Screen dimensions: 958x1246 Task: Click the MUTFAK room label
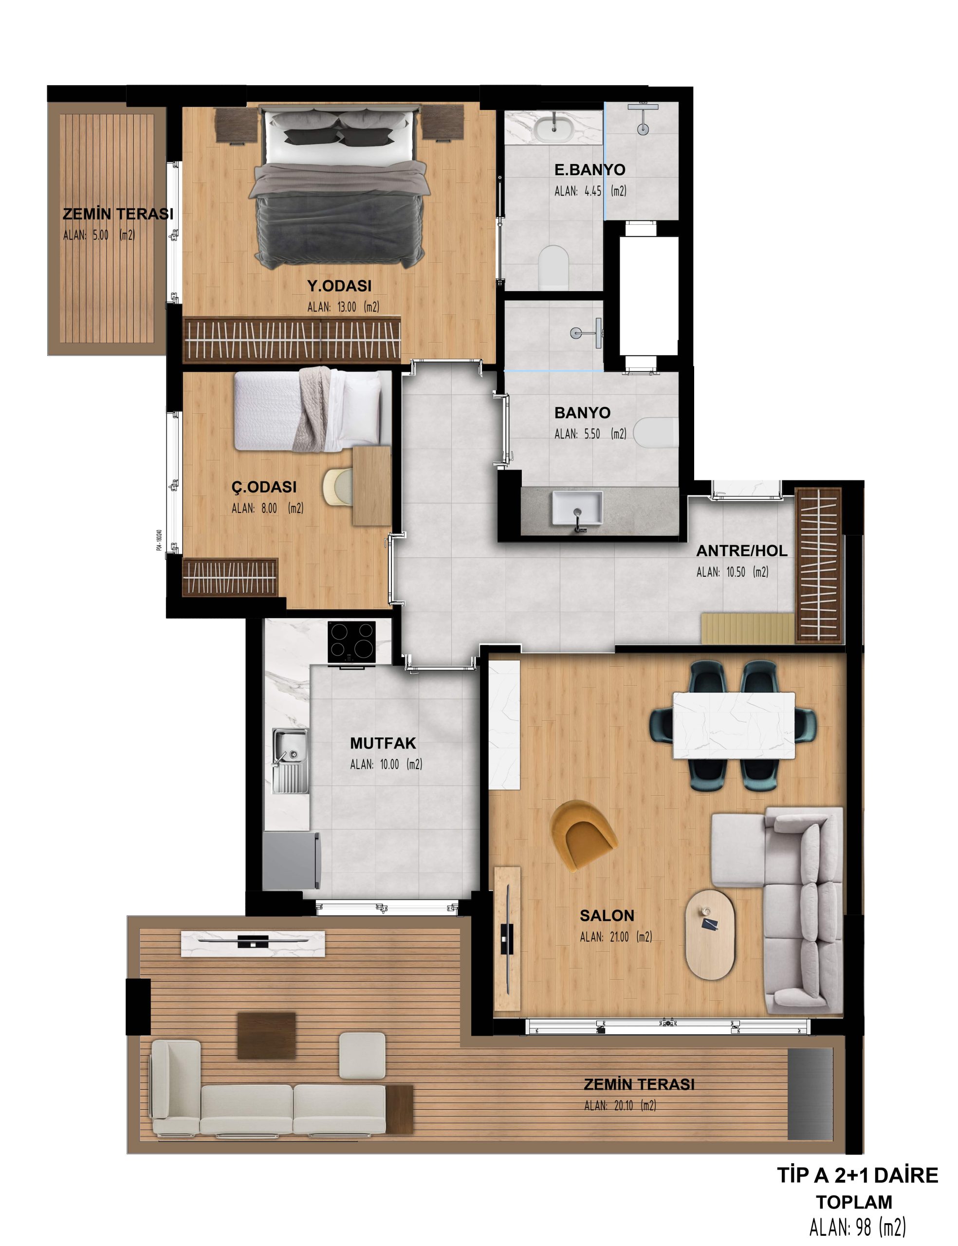coord(383,743)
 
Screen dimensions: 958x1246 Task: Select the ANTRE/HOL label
coord(741,550)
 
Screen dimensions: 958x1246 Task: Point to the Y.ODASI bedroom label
coord(339,286)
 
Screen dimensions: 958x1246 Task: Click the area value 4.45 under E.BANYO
coord(592,191)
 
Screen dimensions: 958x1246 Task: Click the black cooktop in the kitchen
coord(351,642)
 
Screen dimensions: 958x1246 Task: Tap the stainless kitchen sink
coord(290,761)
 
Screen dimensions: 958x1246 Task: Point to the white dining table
coord(734,726)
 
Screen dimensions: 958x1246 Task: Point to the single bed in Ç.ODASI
coord(313,410)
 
